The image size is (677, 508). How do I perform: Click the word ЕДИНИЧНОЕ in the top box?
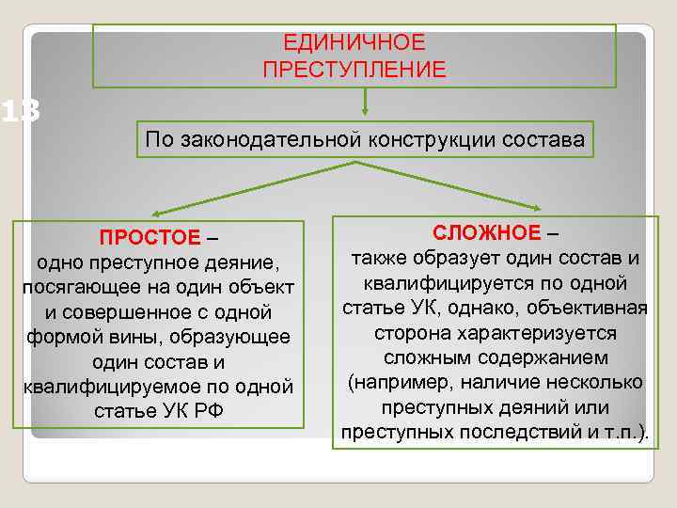pyautogui.click(x=354, y=43)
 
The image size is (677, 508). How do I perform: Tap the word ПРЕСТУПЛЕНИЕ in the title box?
pyautogui.click(x=354, y=70)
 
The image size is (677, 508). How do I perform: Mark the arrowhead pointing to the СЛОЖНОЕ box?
pyautogui.click(x=538, y=208)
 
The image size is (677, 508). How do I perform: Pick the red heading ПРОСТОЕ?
pyautogui.click(x=150, y=236)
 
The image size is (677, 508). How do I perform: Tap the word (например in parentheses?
pyautogui.click(x=396, y=384)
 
